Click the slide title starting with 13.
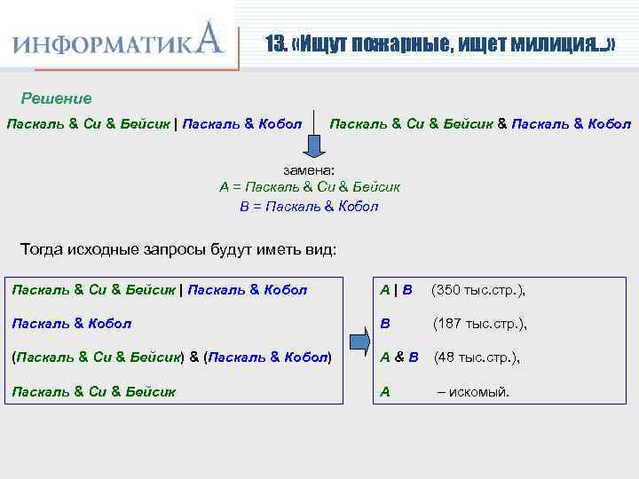(x=440, y=43)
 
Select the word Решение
(x=56, y=98)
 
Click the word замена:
(x=309, y=169)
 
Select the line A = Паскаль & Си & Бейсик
(x=309, y=187)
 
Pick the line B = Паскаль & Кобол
(x=309, y=206)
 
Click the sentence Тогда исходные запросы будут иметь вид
(x=177, y=249)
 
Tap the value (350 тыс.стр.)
(x=478, y=290)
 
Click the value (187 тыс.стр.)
(x=479, y=324)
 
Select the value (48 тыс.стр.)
(x=476, y=357)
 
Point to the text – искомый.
(x=473, y=391)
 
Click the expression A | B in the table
(x=396, y=290)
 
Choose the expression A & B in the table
(x=399, y=357)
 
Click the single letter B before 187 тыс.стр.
(x=385, y=324)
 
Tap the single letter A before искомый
(x=385, y=391)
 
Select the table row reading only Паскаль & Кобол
(x=72, y=324)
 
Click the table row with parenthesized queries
(x=171, y=357)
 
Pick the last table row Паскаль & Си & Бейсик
(x=93, y=391)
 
